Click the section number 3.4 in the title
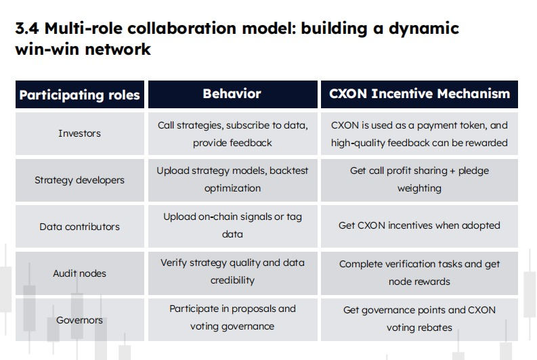point(27,28)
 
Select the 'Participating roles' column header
point(79,95)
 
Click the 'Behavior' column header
point(232,94)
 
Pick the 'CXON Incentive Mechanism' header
point(419,94)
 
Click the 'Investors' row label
point(79,133)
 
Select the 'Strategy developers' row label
point(79,180)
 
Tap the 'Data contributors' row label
point(79,227)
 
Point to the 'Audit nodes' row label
point(79,273)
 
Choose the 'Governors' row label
point(79,320)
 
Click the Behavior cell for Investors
point(232,134)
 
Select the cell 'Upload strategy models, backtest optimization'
point(232,179)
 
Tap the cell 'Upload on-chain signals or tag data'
point(232,226)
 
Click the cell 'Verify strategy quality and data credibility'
point(232,273)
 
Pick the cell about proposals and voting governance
point(232,319)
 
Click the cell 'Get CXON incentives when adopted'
point(419,226)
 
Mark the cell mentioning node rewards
point(419,273)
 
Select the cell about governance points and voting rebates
point(419,319)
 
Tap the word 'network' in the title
point(117,49)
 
